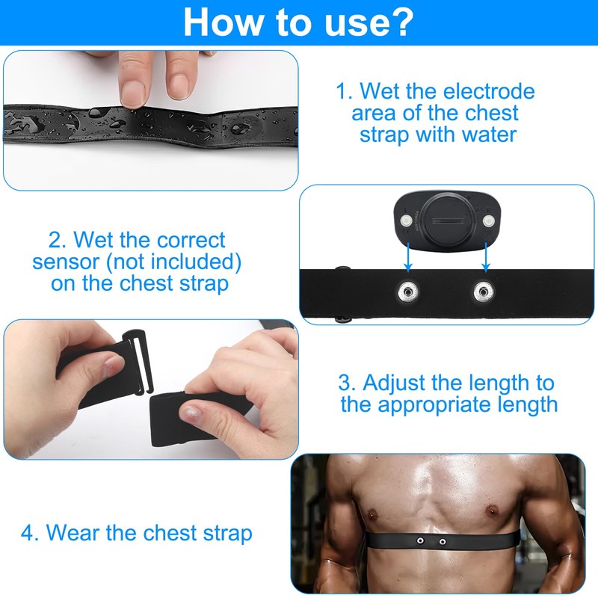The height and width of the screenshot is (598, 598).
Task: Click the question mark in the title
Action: (x=400, y=22)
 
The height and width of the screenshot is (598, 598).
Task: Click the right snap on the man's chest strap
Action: (x=442, y=540)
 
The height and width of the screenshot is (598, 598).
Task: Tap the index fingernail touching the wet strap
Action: (x=134, y=93)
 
